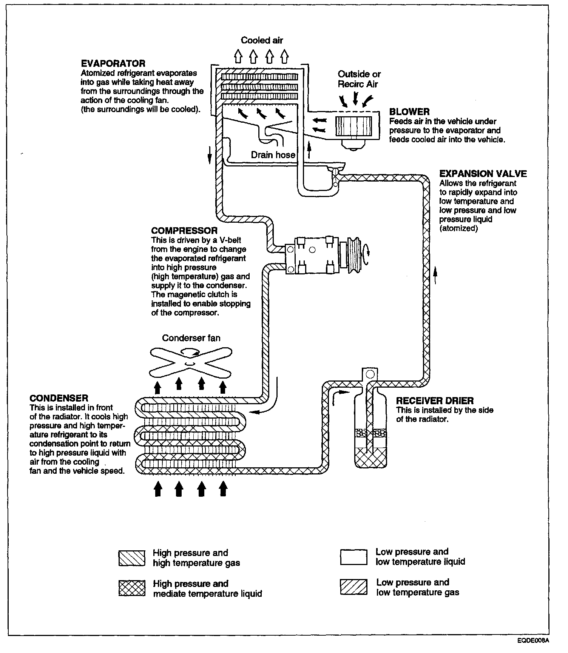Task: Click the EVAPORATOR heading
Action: (x=113, y=63)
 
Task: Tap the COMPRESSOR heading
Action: (x=184, y=231)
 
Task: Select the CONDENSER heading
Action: (x=59, y=398)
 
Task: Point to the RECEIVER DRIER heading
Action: (x=435, y=401)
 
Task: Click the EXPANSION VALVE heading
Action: (x=483, y=174)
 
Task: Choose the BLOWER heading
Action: (x=409, y=112)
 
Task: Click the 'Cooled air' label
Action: (x=262, y=40)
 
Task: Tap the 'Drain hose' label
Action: (x=273, y=155)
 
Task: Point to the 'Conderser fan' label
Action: (x=191, y=338)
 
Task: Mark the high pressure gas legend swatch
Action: (x=132, y=558)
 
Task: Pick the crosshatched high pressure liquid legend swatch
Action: (x=132, y=588)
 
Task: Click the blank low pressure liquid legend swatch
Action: (x=353, y=557)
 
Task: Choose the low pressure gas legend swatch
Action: (x=353, y=587)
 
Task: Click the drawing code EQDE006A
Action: (x=533, y=640)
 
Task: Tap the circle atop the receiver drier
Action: (x=370, y=374)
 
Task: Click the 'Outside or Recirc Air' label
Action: (x=359, y=79)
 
